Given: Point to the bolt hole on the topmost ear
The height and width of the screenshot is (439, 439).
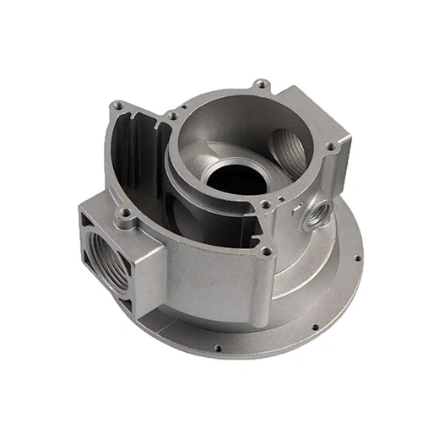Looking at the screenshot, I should pos(263,84).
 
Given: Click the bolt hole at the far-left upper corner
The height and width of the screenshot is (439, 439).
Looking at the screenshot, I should pos(117,106).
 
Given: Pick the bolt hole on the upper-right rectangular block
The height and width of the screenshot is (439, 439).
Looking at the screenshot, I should pos(330,147).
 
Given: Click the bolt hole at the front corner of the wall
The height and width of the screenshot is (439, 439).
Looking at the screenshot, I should pos(267,251).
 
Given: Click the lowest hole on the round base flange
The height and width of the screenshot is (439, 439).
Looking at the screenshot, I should pos(218,348).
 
